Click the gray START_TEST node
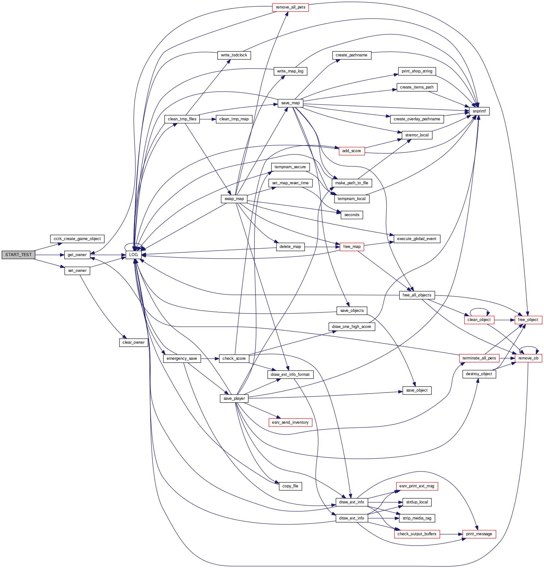pyautogui.click(x=18, y=255)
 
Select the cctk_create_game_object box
pyautogui.click(x=77, y=239)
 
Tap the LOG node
pyautogui.click(x=133, y=255)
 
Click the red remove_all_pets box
pyautogui.click(x=290, y=7)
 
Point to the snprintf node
pyautogui.click(x=479, y=111)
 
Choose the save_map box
pyautogui.click(x=290, y=103)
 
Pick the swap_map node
pyautogui.click(x=234, y=199)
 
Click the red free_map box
pyautogui.click(x=352, y=247)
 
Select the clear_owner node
pyautogui.click(x=133, y=342)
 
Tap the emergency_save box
pyautogui.click(x=182, y=359)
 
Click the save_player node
pyautogui.click(x=234, y=399)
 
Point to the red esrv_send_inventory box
pyautogui.click(x=290, y=422)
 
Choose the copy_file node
pyautogui.click(x=290, y=486)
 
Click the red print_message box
pyautogui.click(x=479, y=534)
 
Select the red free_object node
pyautogui.click(x=528, y=320)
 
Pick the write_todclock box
pyautogui.click(x=234, y=55)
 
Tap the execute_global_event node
pyautogui.click(x=417, y=239)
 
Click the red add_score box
pyautogui.click(x=352, y=151)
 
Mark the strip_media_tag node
pyautogui.click(x=417, y=518)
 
